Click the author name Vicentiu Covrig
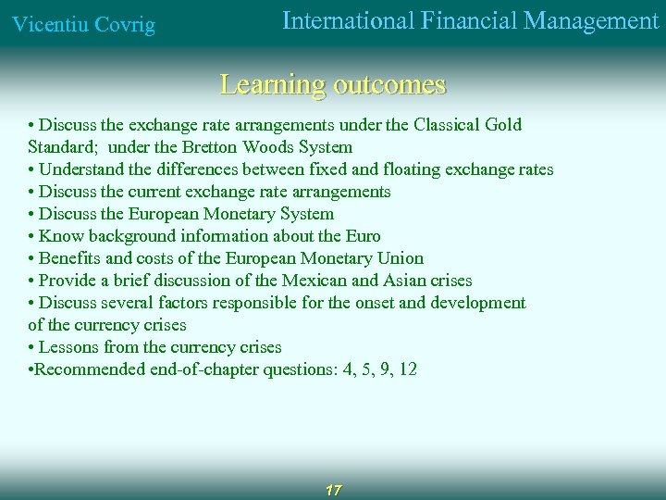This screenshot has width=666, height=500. point(82,25)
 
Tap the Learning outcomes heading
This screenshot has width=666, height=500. point(333,85)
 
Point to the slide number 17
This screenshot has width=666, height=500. point(333,490)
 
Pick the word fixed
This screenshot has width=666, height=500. point(354,169)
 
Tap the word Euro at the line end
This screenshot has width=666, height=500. point(363,236)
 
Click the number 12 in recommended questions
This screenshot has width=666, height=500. point(406,369)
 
